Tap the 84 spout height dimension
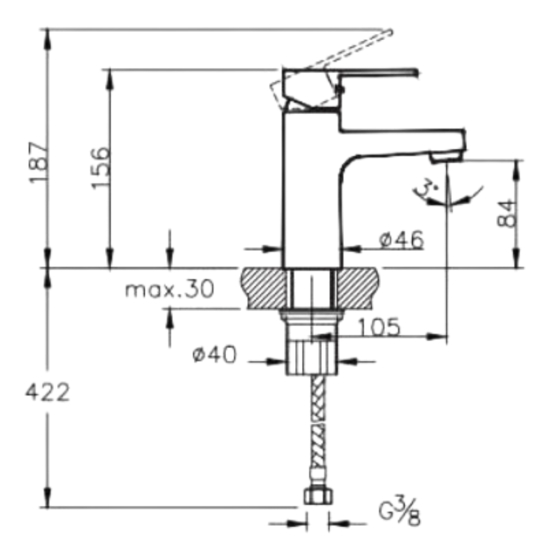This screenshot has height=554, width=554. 506,213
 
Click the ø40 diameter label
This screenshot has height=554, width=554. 215,354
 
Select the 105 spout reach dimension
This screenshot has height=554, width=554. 379,326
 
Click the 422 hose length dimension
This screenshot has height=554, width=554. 48,392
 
